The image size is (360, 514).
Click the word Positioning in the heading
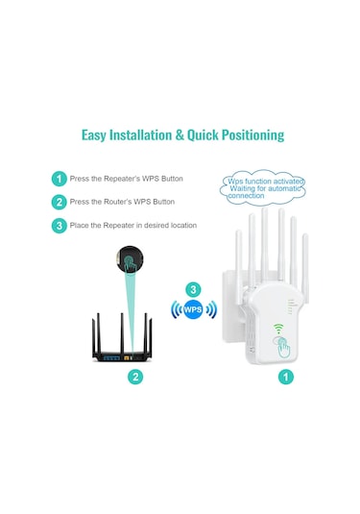click(247, 135)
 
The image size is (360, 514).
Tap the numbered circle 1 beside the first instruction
click(59, 179)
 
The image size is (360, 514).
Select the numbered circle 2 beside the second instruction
click(59, 202)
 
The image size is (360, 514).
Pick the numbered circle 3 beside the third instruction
click(59, 226)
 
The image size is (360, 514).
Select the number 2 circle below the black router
click(135, 377)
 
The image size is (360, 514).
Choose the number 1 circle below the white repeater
click(285, 377)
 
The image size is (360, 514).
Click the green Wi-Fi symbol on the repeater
click(281, 327)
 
